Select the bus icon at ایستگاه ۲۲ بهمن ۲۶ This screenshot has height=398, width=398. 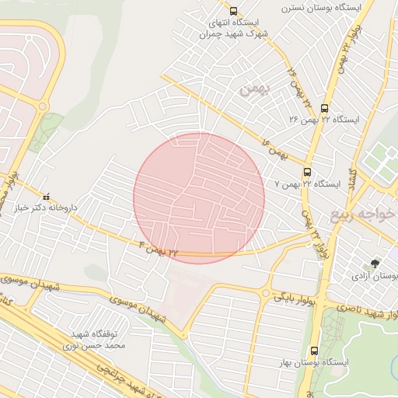coord(324,108)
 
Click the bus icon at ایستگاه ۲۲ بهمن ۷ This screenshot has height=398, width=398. coord(309,173)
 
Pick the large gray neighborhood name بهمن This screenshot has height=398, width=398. coord(254,89)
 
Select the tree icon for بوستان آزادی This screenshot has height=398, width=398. coord(376,264)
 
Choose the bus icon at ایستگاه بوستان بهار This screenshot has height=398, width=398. coord(314,351)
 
